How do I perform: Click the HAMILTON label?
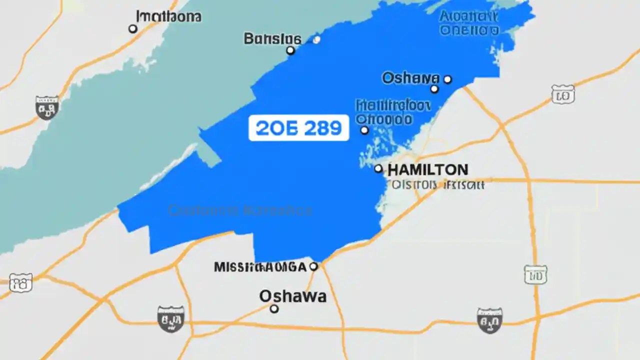point(427,169)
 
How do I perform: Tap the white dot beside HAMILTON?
point(378,169)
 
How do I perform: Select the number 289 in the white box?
point(321,128)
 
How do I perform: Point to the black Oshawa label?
point(292,296)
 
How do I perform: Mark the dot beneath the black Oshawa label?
point(274,309)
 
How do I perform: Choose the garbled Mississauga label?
point(259,267)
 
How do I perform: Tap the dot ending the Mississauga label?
point(313,266)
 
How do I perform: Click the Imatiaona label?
point(168,16)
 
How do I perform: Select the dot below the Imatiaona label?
point(133,29)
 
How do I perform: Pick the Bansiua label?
point(272,38)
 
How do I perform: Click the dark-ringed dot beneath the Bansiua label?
point(290,50)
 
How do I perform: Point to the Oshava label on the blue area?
point(410,78)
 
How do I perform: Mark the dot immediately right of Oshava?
point(447,79)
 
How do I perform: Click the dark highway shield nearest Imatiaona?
point(47,107)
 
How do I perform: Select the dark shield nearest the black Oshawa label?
point(170,319)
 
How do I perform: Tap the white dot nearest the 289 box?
point(364,130)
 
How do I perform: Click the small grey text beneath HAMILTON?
point(438,185)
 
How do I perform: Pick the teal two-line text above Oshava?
point(468,23)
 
